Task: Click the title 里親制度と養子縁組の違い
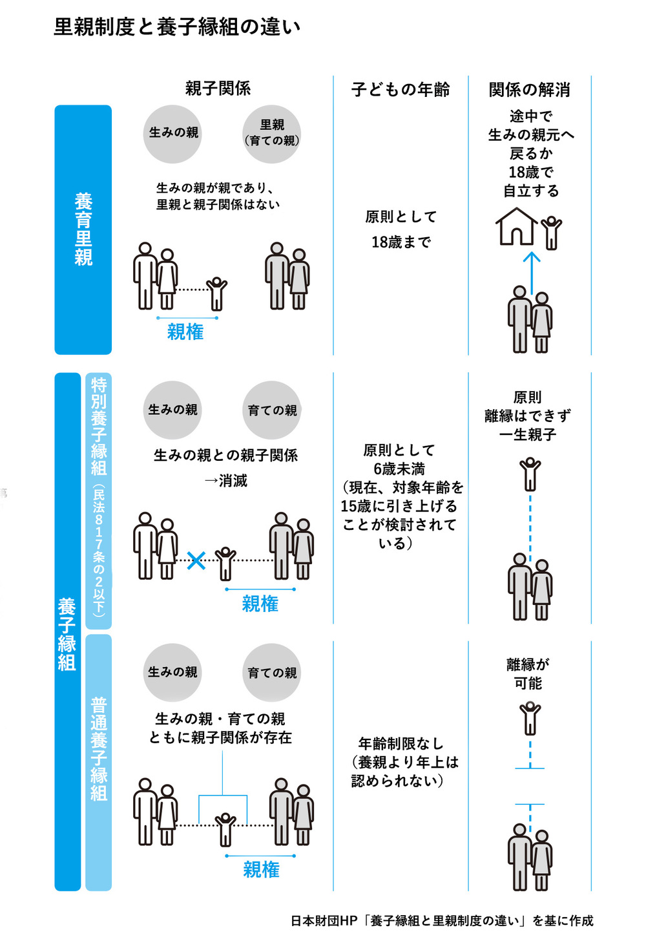click(x=176, y=27)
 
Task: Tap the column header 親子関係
click(x=218, y=89)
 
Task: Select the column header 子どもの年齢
click(x=401, y=90)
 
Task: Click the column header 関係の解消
click(x=529, y=90)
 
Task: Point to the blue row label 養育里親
click(x=83, y=229)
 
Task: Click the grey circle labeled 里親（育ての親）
click(x=272, y=133)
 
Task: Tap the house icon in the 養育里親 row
click(x=516, y=226)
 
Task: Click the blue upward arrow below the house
click(x=531, y=271)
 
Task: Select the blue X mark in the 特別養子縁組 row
click(x=196, y=560)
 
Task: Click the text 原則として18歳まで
click(x=401, y=229)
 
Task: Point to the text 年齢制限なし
click(x=401, y=744)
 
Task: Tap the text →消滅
click(x=225, y=481)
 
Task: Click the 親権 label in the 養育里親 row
click(x=185, y=332)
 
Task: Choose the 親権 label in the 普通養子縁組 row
click(x=261, y=869)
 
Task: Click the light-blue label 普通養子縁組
click(x=98, y=750)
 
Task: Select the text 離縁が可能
click(x=528, y=673)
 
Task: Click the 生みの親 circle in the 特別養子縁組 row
click(x=172, y=410)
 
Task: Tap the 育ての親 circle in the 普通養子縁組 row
click(x=272, y=673)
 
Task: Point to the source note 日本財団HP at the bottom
click(x=441, y=920)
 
